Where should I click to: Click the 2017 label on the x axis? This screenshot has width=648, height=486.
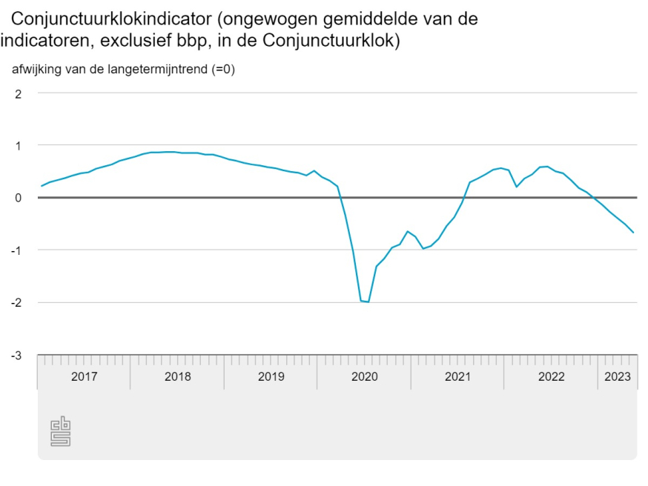(x=84, y=376)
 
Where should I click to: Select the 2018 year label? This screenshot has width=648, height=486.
(x=177, y=376)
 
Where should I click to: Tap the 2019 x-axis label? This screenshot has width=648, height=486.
(x=271, y=376)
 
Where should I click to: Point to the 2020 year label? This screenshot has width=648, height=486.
(x=364, y=376)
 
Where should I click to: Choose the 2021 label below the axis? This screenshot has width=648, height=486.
(x=457, y=376)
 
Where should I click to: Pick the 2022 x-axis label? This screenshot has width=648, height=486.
(x=551, y=376)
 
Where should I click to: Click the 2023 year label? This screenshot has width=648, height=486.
(x=618, y=376)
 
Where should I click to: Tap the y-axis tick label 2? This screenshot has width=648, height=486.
(x=19, y=93)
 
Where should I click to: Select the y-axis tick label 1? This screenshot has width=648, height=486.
(x=19, y=146)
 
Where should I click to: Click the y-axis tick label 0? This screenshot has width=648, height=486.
(x=19, y=198)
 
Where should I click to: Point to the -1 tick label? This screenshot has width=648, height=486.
(x=17, y=250)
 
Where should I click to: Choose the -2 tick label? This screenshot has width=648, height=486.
(x=17, y=303)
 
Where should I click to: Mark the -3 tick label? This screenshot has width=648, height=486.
(x=17, y=356)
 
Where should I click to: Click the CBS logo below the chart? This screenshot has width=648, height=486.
(x=60, y=432)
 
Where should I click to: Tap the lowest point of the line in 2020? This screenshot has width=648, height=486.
(x=368, y=302)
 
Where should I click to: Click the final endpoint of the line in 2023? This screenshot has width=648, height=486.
(x=634, y=233)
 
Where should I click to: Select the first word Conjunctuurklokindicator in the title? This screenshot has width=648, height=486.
(x=108, y=19)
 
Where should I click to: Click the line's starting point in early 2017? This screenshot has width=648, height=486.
(x=42, y=186)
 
